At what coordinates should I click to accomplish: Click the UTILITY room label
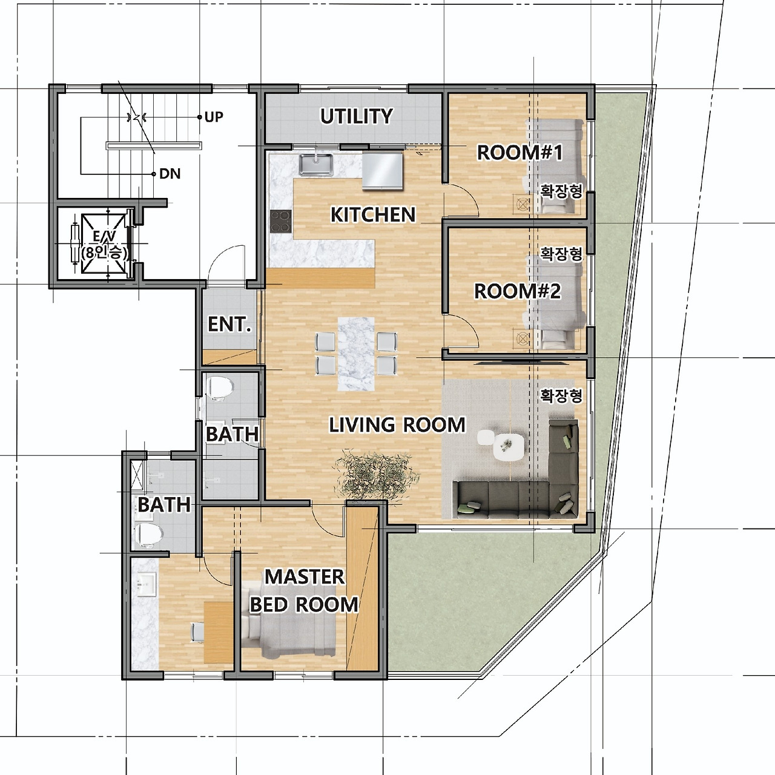pyautogui.click(x=357, y=116)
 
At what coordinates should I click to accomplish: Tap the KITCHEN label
pyautogui.click(x=373, y=215)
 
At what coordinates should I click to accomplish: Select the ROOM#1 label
pyautogui.click(x=519, y=153)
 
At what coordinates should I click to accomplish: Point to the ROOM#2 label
pyautogui.click(x=517, y=292)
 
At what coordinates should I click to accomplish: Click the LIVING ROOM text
pyautogui.click(x=397, y=425)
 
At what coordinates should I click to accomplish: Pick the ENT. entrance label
pyautogui.click(x=229, y=324)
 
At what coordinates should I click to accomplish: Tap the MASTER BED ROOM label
pyautogui.click(x=304, y=590)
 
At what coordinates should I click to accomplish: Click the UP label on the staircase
pyautogui.click(x=214, y=117)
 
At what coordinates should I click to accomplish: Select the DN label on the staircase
pyautogui.click(x=170, y=174)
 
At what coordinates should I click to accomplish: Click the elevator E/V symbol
pyautogui.click(x=104, y=244)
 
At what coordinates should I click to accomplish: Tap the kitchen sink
pyautogui.click(x=316, y=165)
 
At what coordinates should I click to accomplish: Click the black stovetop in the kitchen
pyautogui.click(x=281, y=222)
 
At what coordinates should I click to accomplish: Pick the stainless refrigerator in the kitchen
pyautogui.click(x=382, y=171)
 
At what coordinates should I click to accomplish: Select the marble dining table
pyautogui.click(x=357, y=354)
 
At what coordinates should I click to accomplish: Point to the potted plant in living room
pyautogui.click(x=376, y=475)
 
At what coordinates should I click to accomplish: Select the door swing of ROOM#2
pyautogui.click(x=463, y=330)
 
